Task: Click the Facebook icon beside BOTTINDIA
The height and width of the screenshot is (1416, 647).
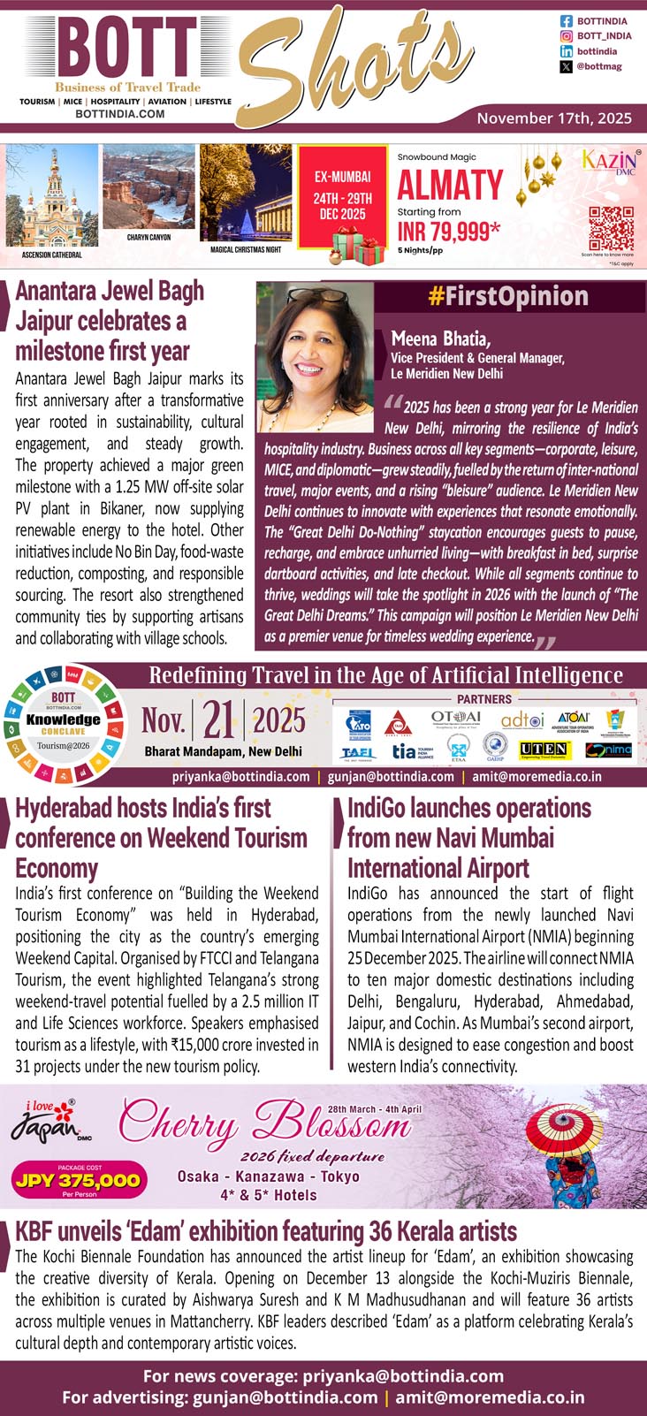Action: [x=567, y=20]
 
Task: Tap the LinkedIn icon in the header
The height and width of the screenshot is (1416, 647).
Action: [x=567, y=51]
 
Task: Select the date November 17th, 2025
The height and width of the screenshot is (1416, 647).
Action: [x=554, y=118]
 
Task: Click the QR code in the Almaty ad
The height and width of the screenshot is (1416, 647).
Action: [x=612, y=228]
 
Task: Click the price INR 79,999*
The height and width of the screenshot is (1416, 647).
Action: [x=449, y=232]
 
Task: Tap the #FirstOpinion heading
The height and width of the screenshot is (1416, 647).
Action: [x=508, y=296]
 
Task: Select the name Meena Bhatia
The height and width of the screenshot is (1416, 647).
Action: [x=440, y=339]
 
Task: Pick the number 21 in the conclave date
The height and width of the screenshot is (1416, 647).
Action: [x=218, y=722]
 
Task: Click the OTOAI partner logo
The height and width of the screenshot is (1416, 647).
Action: [x=456, y=719]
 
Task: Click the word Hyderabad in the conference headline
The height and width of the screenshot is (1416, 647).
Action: [x=62, y=809]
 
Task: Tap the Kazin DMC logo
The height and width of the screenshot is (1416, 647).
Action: [x=609, y=163]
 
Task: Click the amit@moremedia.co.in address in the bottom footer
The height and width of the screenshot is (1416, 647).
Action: [x=490, y=1397]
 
